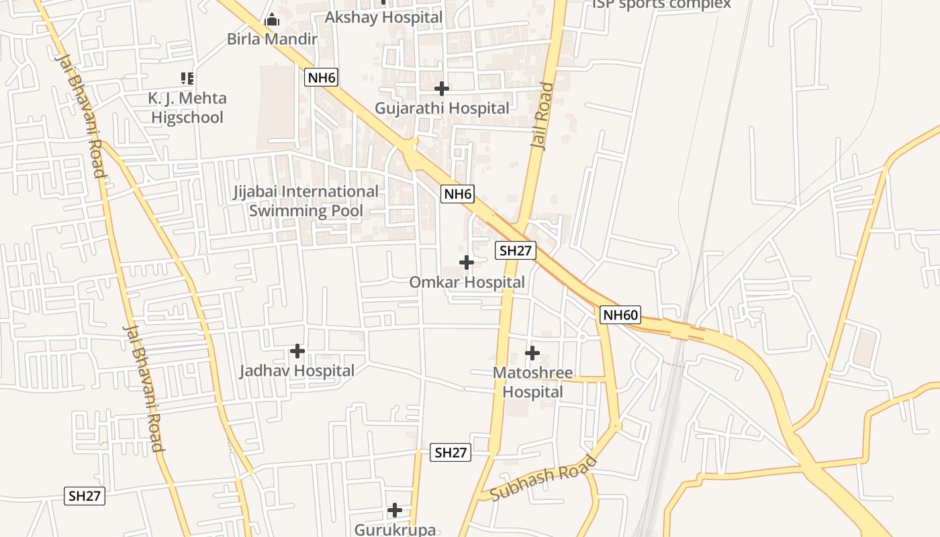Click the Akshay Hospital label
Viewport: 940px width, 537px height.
coord(383,17)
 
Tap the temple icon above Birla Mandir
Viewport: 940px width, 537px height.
coord(272,20)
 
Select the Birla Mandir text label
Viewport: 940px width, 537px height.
coord(272,39)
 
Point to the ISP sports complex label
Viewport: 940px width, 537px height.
coord(661,5)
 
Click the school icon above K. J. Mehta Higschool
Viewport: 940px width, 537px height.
coord(187,79)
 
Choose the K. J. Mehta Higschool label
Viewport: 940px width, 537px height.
coord(187,107)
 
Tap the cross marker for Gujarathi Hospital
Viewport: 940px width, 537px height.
coord(442,88)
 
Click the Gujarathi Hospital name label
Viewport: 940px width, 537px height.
coord(442,107)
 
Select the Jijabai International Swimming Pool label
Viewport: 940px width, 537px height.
coord(306,201)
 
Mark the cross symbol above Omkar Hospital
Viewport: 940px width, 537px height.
coord(467,262)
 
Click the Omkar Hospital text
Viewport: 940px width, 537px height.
coord(467,282)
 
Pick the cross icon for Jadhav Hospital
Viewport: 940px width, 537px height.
coord(297,350)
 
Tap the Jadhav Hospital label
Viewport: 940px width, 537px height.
coord(297,371)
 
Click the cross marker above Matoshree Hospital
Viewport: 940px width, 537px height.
coord(532,352)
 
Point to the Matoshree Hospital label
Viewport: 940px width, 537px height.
coord(533,382)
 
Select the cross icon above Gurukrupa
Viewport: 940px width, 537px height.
coord(395,510)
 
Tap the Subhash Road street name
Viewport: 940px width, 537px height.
coord(544,477)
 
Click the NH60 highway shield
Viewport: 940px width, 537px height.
coord(620,315)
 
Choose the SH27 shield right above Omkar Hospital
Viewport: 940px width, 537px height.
coord(516,251)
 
